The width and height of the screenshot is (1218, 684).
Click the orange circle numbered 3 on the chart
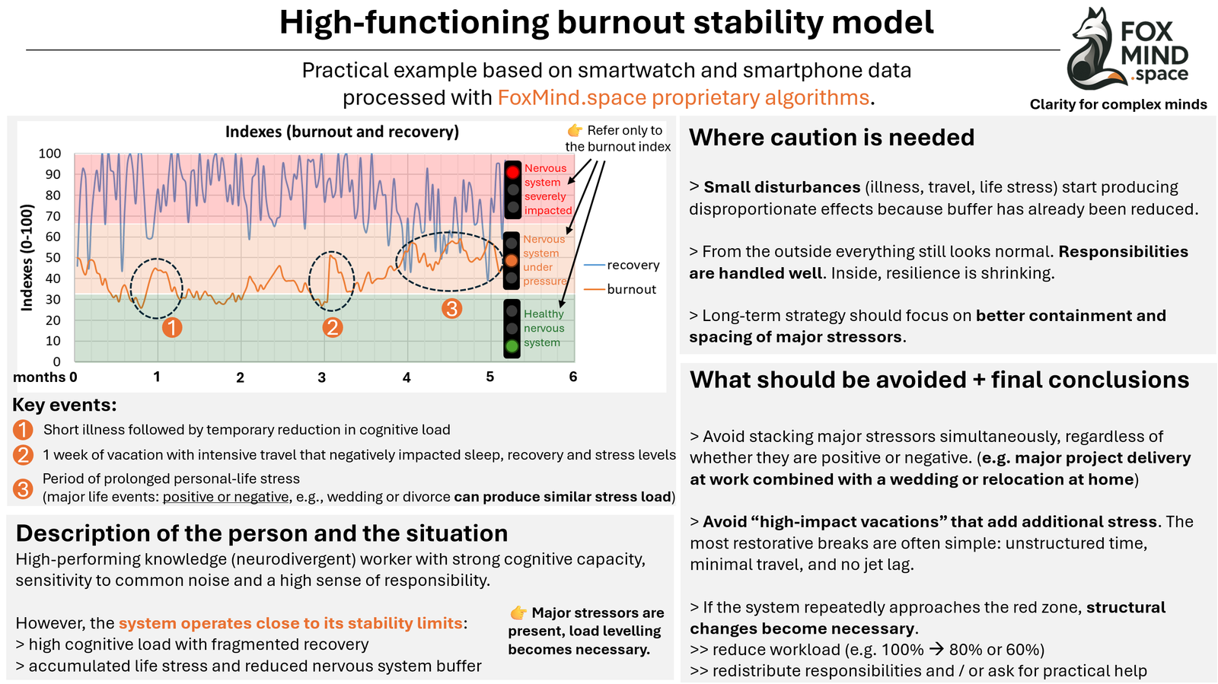point(452,308)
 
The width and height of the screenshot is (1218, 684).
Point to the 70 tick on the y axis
point(53,216)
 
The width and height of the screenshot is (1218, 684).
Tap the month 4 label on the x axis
point(407,377)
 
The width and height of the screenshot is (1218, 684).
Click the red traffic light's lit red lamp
point(513,172)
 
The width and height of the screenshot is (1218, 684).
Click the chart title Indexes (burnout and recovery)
point(342,132)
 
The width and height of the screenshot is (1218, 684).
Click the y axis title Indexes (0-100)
point(27,257)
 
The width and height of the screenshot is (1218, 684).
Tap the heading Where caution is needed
point(831,138)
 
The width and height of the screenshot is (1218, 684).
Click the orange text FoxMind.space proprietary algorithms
point(683,98)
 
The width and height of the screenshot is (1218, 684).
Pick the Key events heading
point(65,405)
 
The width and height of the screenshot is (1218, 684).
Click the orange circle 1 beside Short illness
point(23,430)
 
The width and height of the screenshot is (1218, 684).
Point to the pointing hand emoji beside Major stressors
point(518,612)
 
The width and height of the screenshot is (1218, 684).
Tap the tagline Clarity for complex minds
point(1118,105)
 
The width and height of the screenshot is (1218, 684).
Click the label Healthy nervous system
point(544,328)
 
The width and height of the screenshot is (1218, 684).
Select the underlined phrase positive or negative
point(225,498)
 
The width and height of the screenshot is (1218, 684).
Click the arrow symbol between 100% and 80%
point(936,650)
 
